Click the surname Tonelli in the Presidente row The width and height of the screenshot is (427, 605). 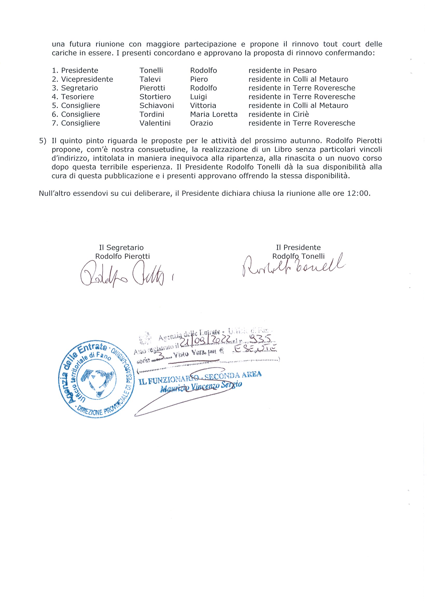tap(151, 70)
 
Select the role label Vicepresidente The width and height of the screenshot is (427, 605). tap(87, 79)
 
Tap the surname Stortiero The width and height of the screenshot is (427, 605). tap(155, 97)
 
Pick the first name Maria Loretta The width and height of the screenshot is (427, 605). tap(214, 114)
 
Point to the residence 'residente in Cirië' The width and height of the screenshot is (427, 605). tap(278, 114)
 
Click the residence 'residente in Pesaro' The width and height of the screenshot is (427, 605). tap(283, 70)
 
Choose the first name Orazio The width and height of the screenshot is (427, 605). tap(201, 123)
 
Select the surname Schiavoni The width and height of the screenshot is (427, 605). tap(156, 106)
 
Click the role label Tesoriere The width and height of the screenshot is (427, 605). tap(78, 97)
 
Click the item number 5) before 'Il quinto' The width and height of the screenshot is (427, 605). tap(42, 141)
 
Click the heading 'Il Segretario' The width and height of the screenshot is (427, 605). tap(121, 247)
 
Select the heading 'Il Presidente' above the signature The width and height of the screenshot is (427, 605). tap(298, 247)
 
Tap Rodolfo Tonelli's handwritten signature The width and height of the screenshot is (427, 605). tap(292, 266)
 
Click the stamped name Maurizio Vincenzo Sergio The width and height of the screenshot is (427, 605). tap(201, 386)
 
